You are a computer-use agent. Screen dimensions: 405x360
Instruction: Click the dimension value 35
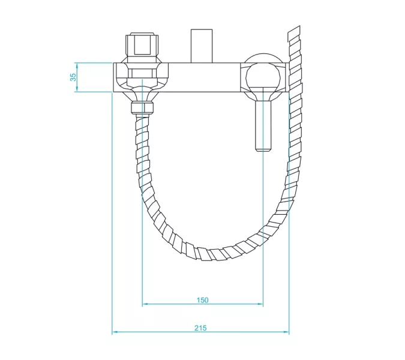click(x=73, y=77)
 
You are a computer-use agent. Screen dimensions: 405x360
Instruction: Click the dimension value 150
click(x=203, y=300)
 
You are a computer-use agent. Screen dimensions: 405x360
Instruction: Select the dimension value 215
click(x=200, y=328)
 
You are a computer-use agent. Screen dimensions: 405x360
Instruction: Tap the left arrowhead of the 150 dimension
click(x=145, y=304)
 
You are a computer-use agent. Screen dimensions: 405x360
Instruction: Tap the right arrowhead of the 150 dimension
click(x=260, y=304)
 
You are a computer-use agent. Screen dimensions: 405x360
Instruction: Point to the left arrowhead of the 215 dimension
click(x=115, y=332)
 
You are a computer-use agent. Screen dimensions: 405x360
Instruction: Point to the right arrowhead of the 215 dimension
click(x=286, y=332)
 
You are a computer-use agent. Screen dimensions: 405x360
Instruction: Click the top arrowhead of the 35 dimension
click(x=77, y=65)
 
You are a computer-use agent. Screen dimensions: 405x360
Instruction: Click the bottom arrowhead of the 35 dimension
click(x=77, y=89)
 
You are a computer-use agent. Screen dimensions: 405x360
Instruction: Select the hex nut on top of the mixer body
click(x=142, y=46)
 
